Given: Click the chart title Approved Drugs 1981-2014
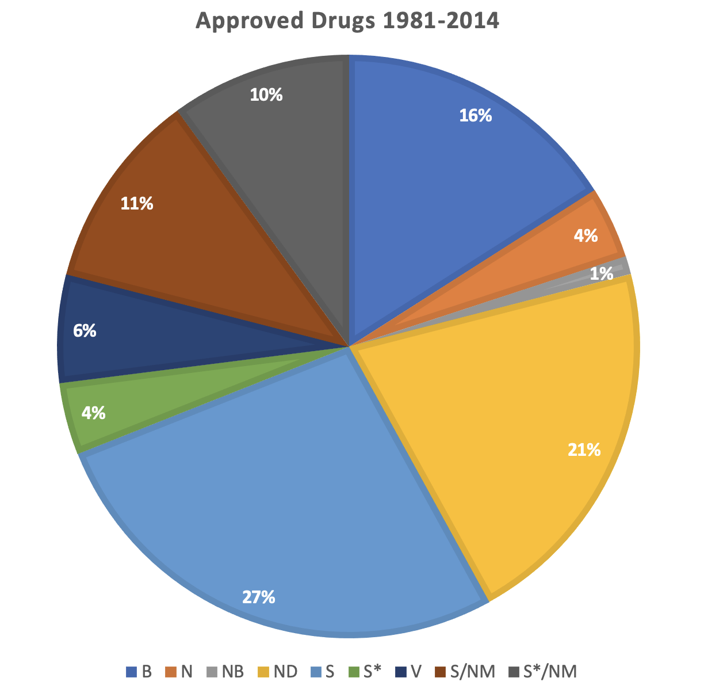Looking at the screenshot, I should pyautogui.click(x=347, y=21).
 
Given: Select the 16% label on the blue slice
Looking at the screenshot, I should pyautogui.click(x=475, y=116).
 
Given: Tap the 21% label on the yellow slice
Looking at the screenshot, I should pyautogui.click(x=584, y=450).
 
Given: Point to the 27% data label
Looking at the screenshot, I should pyautogui.click(x=258, y=597).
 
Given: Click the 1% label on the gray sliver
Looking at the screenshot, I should pyautogui.click(x=602, y=274).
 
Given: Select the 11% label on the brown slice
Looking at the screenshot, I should pyautogui.click(x=136, y=203).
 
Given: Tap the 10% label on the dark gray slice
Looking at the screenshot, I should pyautogui.click(x=266, y=95).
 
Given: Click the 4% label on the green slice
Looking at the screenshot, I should pyautogui.click(x=93, y=413).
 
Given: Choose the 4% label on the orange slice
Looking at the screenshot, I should pyautogui.click(x=586, y=235).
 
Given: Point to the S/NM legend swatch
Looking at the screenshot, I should pyautogui.click(x=442, y=672).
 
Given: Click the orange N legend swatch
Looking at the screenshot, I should pyautogui.click(x=171, y=672).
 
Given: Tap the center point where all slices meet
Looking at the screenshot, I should pyautogui.click(x=349, y=347).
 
